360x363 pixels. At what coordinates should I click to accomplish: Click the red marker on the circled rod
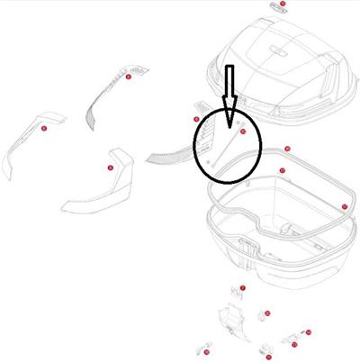[241, 132]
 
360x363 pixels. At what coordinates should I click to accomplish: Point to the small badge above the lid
[275, 6]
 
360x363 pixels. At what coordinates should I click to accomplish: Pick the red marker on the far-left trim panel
[43, 129]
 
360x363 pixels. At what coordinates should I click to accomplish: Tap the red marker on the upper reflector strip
[128, 77]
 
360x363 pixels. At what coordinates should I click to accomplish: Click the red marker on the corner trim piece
[110, 168]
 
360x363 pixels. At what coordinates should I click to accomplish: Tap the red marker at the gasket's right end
[345, 206]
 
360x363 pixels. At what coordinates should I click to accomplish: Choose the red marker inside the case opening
[282, 170]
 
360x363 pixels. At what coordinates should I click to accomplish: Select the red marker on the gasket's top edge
[287, 149]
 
